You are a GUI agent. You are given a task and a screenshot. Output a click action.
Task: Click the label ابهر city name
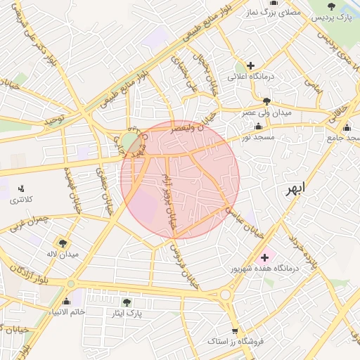click(296, 188)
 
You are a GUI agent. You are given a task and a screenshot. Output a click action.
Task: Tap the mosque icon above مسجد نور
click(259, 127)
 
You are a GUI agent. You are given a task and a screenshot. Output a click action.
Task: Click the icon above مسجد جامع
click(347, 127)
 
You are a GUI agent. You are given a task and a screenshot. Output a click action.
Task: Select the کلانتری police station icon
click(21, 188)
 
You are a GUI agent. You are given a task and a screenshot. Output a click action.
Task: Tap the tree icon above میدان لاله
click(64, 243)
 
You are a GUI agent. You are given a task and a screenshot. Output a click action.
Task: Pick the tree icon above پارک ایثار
click(127, 302)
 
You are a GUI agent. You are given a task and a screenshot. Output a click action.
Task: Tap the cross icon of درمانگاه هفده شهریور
click(264, 258)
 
